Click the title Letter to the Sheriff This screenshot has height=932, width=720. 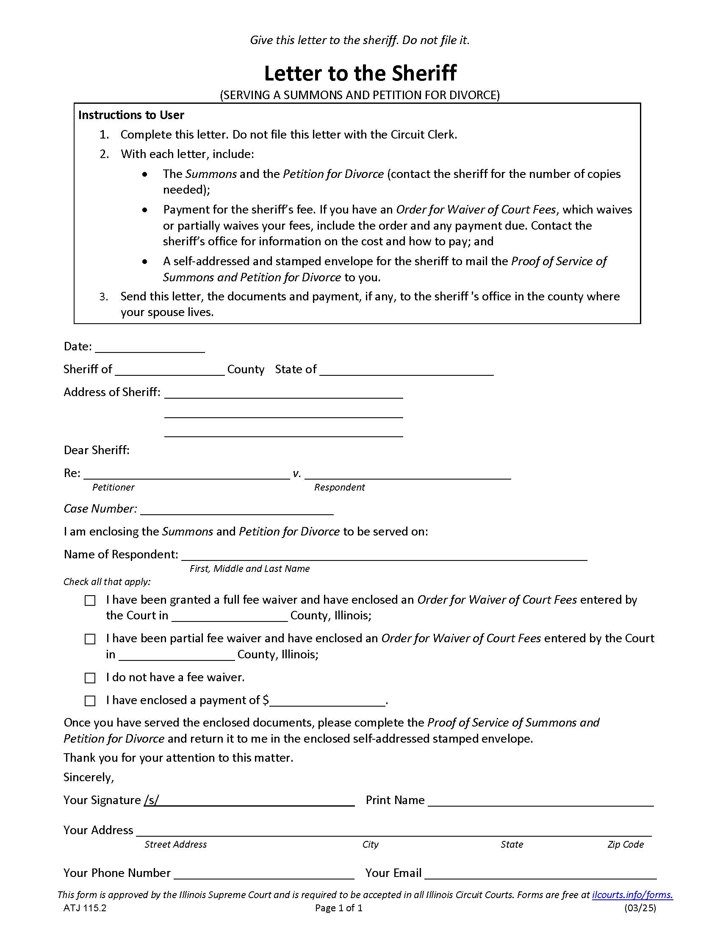360,73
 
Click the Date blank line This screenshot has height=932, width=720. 150,347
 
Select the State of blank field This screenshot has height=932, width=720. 406,370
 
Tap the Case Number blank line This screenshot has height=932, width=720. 237,510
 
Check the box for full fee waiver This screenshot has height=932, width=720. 90,601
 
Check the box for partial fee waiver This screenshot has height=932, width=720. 90,639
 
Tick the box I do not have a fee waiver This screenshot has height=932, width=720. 90,678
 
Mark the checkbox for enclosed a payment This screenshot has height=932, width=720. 90,701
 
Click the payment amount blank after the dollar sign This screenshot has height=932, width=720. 327,702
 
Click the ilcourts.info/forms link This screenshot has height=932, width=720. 632,895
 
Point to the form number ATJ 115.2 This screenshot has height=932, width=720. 85,908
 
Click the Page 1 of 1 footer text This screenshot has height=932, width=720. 339,908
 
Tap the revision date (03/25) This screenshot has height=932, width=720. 640,908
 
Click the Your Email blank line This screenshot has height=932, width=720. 540,874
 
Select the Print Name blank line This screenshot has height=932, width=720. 540,801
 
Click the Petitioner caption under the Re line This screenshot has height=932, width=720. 113,487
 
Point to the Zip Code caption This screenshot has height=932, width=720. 625,844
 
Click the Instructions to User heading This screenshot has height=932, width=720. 131,115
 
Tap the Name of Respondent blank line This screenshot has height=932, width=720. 384,555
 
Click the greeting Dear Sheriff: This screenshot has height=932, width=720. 97,450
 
